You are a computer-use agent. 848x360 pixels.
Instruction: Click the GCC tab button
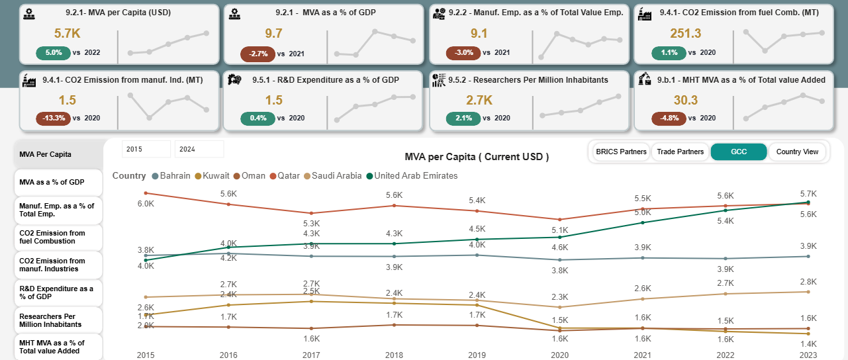[x=738, y=152]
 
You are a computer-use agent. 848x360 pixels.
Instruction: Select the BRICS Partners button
[x=620, y=152]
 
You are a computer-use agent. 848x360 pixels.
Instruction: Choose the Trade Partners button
[x=680, y=152]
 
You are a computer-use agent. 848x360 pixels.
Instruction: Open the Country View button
[x=797, y=152]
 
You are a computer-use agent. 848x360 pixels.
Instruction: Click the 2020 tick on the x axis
[x=560, y=355]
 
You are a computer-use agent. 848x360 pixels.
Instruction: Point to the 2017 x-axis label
[x=311, y=355]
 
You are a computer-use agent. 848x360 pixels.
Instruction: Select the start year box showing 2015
[x=146, y=149]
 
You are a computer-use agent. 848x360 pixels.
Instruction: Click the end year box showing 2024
[x=199, y=149]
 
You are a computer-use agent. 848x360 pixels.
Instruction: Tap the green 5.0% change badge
[x=54, y=52]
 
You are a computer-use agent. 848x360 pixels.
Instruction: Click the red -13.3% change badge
[x=53, y=118]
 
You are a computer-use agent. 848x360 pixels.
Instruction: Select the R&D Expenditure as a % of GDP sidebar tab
[x=58, y=292]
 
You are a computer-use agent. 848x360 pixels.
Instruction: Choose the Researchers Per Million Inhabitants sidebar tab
[x=58, y=320]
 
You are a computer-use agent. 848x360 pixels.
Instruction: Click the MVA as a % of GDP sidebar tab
[x=58, y=182]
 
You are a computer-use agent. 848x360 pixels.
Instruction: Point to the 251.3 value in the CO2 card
[x=685, y=34]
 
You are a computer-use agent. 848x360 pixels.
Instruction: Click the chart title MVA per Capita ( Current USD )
[x=477, y=157]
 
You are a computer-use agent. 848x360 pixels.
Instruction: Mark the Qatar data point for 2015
[x=146, y=193]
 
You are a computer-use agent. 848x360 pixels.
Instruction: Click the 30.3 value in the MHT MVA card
[x=686, y=100]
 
